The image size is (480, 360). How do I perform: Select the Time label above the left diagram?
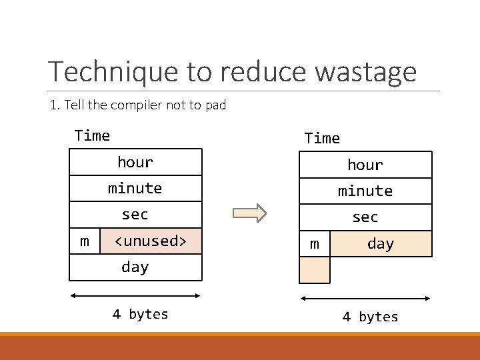tap(92, 136)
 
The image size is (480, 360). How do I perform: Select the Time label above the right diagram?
tap(322, 139)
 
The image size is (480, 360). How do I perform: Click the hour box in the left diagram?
tap(135, 162)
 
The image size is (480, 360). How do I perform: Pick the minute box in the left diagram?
tap(135, 188)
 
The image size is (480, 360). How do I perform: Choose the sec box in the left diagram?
tap(135, 214)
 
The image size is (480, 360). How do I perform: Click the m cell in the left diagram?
tap(85, 241)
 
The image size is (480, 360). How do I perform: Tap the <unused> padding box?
tap(151, 241)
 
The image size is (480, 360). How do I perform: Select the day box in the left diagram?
tap(135, 267)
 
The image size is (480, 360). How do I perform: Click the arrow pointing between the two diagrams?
tap(249, 213)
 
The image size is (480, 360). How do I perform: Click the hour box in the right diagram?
tap(365, 165)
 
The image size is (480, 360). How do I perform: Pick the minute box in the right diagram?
tap(365, 191)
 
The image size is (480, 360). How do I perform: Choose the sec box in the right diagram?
tap(365, 217)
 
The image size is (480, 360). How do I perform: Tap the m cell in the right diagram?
tap(315, 244)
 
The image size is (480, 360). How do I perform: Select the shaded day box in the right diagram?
tap(381, 244)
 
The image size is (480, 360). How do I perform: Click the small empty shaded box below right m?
tap(315, 270)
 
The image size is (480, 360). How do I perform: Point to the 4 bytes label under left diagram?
tap(140, 314)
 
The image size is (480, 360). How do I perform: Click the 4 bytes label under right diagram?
tap(370, 317)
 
